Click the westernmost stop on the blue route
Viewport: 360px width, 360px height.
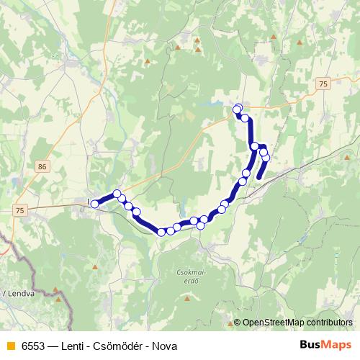[94, 204]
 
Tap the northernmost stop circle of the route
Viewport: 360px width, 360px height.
[237, 109]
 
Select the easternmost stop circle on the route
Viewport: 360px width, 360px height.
[266, 157]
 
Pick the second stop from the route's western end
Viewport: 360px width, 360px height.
[117, 193]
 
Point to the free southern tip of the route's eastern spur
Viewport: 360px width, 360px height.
[259, 176]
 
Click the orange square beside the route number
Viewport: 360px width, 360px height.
[9, 346]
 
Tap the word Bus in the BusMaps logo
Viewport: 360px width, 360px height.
[312, 345]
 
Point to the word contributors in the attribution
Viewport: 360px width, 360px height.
[330, 323]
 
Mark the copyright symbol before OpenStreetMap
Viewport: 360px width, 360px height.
[237, 323]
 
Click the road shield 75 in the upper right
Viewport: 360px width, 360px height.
[322, 84]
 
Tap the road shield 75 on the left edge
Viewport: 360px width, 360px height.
[18, 210]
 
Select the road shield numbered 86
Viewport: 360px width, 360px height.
[42, 166]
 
